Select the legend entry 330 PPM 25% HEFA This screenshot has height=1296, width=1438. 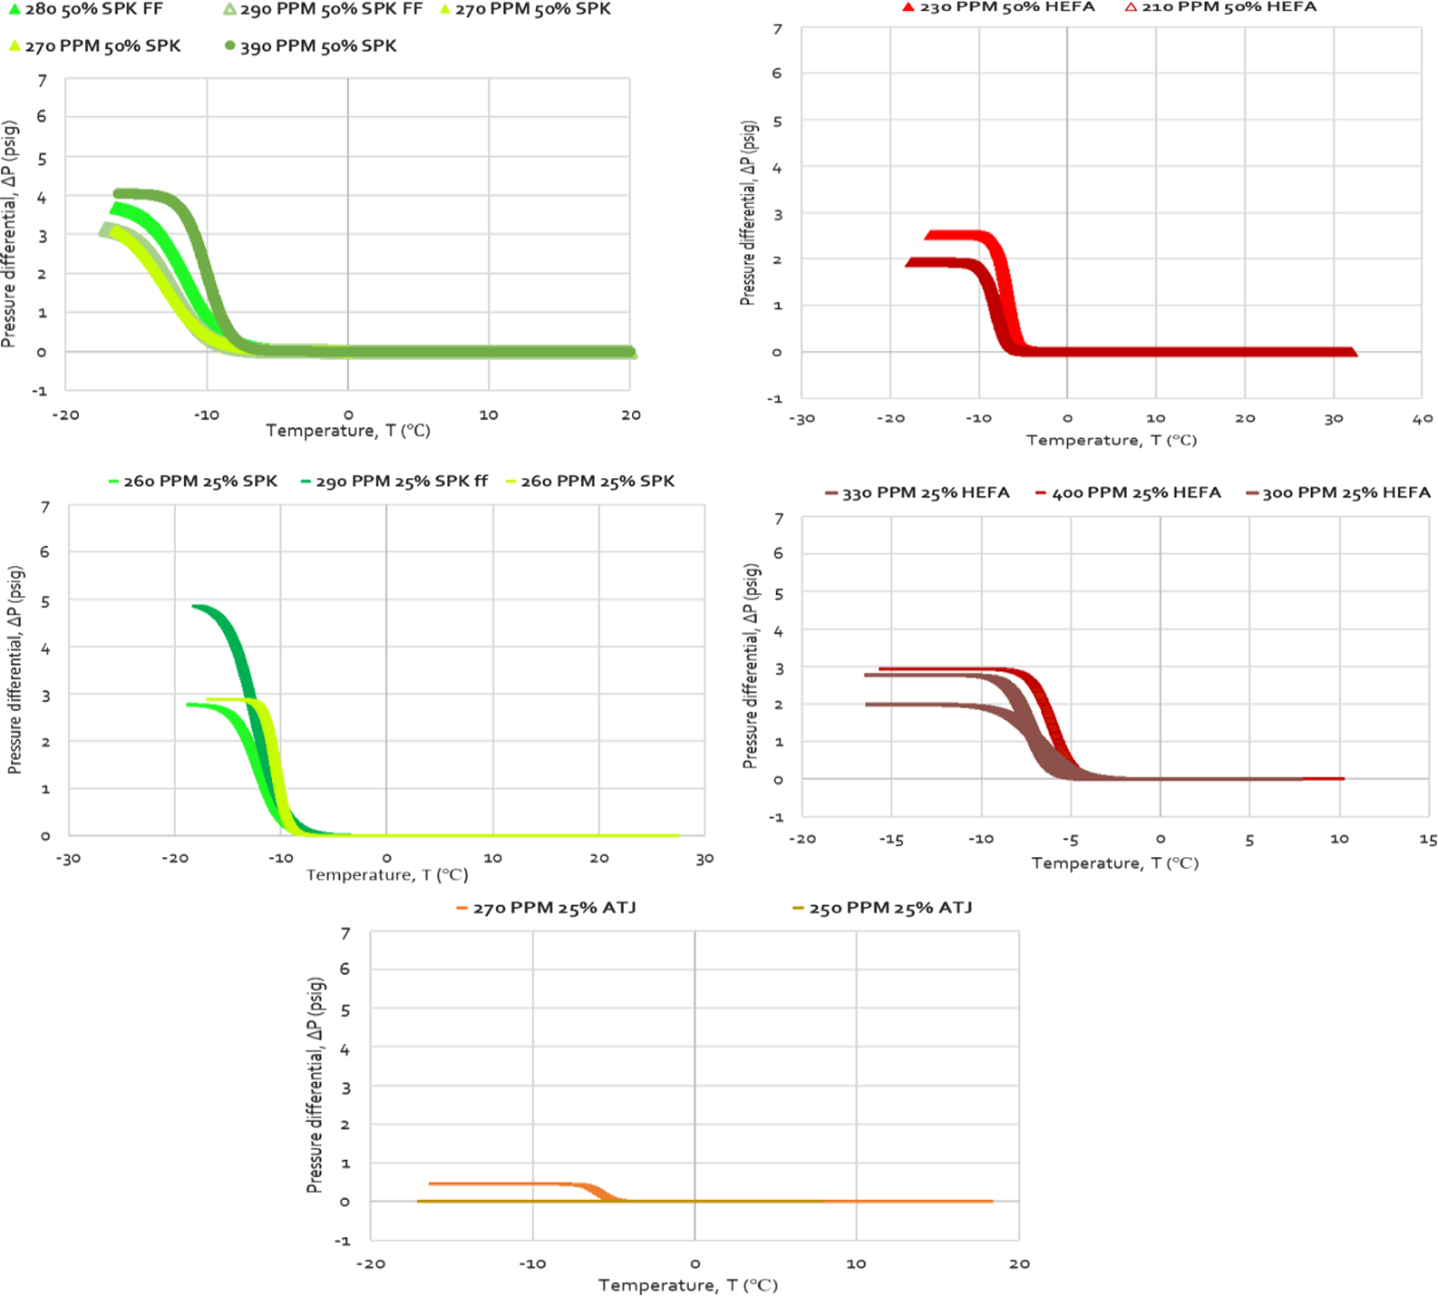pyautogui.click(x=925, y=493)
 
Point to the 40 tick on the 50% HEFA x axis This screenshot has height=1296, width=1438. pyautogui.click(x=1422, y=419)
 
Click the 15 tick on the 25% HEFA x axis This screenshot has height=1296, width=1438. pyautogui.click(x=1428, y=840)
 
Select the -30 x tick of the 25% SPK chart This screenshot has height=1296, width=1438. pyautogui.click(x=69, y=859)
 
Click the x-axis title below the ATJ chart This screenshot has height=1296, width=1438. pyautogui.click(x=688, y=1285)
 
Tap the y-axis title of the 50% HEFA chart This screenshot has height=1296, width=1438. pyautogui.click(x=748, y=213)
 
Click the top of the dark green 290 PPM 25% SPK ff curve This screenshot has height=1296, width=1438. pyautogui.click(x=201, y=607)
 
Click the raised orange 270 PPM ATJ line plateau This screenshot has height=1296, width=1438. pyautogui.click(x=499, y=1184)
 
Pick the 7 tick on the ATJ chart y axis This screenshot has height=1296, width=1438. pyautogui.click(x=345, y=933)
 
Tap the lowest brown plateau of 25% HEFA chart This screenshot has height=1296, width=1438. pyautogui.click(x=916, y=705)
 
